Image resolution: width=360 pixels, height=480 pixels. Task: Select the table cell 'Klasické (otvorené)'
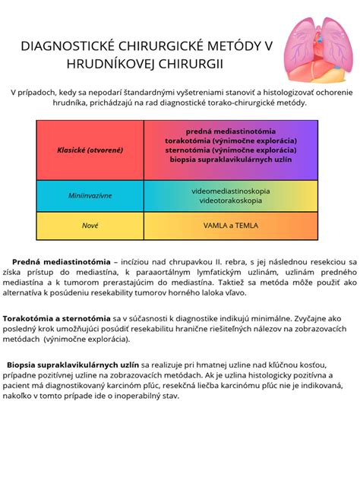90,150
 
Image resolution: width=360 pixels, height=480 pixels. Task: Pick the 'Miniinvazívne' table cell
90,195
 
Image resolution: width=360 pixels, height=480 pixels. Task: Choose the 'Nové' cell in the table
90,226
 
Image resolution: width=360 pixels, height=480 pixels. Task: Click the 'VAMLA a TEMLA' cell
230,226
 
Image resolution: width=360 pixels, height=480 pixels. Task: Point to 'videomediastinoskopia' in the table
230,191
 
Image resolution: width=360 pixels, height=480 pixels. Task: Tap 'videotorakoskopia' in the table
230,201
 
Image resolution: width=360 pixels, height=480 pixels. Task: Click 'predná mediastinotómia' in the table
230,131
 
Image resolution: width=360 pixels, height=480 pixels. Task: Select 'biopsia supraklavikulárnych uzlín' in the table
230,159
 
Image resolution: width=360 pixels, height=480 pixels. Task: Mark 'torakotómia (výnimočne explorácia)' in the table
230,141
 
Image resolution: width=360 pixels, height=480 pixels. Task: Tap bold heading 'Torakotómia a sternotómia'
57,318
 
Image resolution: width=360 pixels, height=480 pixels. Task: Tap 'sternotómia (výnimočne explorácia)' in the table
230,150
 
